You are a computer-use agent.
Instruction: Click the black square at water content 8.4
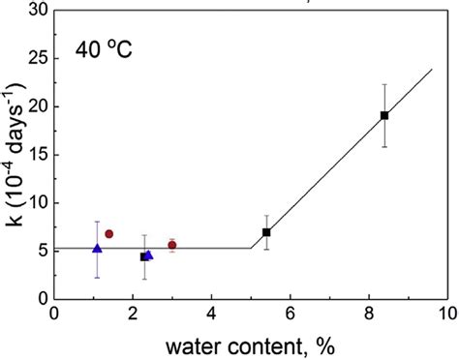pyautogui.click(x=384, y=115)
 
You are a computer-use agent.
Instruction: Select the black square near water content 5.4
pyautogui.click(x=266, y=232)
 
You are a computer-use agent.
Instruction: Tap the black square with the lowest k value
pyautogui.click(x=144, y=256)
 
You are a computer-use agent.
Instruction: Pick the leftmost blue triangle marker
pyautogui.click(x=97, y=249)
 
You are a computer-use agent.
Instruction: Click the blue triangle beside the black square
pyautogui.click(x=149, y=255)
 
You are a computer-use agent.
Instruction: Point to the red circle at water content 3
pyautogui.click(x=172, y=245)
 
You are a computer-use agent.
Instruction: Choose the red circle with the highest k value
pyautogui.click(x=109, y=233)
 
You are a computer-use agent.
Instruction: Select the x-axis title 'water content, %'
pyautogui.click(x=252, y=345)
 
